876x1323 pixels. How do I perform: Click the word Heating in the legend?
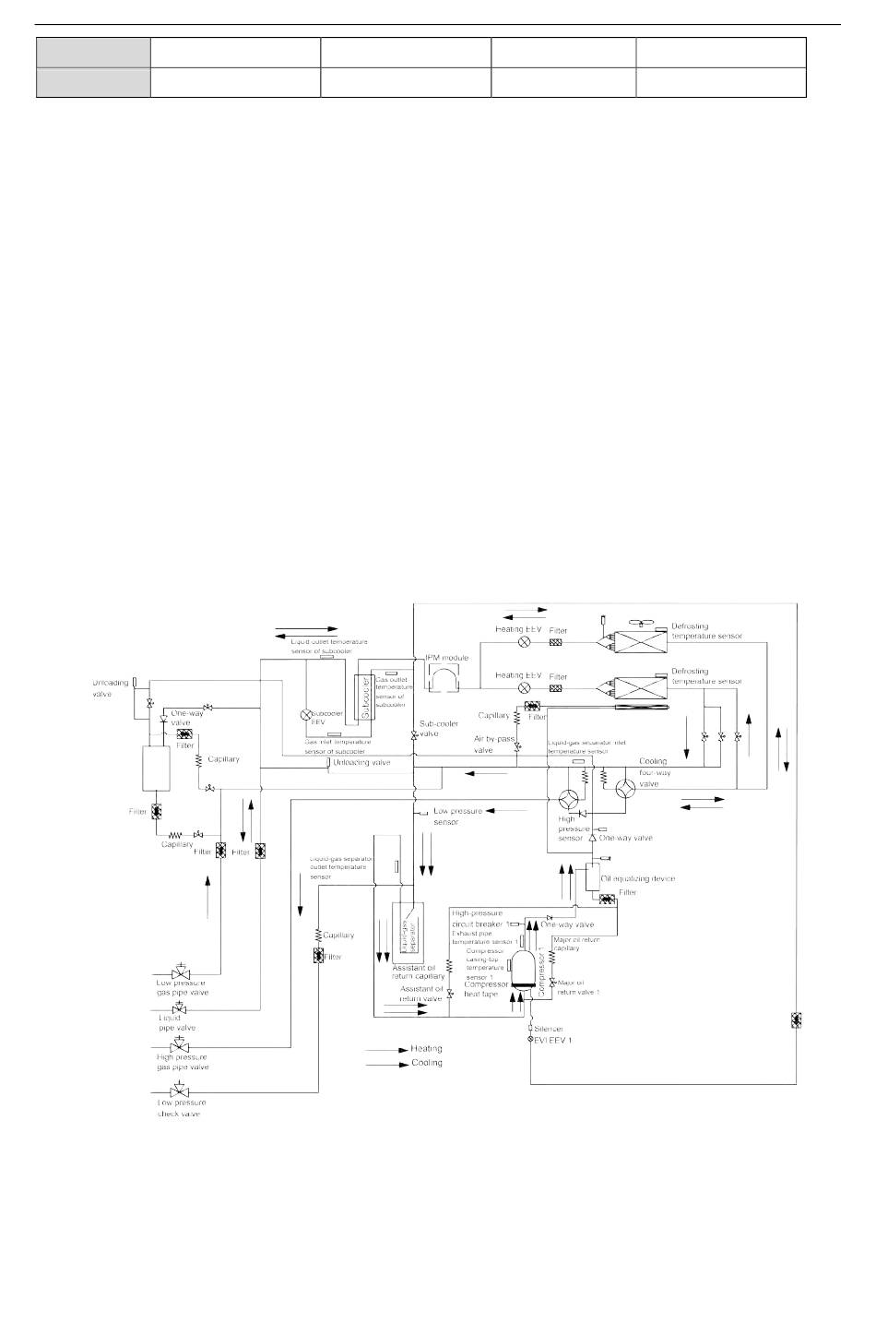[x=426, y=1049]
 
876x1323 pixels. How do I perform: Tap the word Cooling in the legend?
[x=426, y=1063]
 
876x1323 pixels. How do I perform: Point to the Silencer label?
[x=549, y=1028]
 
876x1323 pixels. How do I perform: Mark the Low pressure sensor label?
[x=457, y=816]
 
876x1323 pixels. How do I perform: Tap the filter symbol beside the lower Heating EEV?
[x=557, y=687]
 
